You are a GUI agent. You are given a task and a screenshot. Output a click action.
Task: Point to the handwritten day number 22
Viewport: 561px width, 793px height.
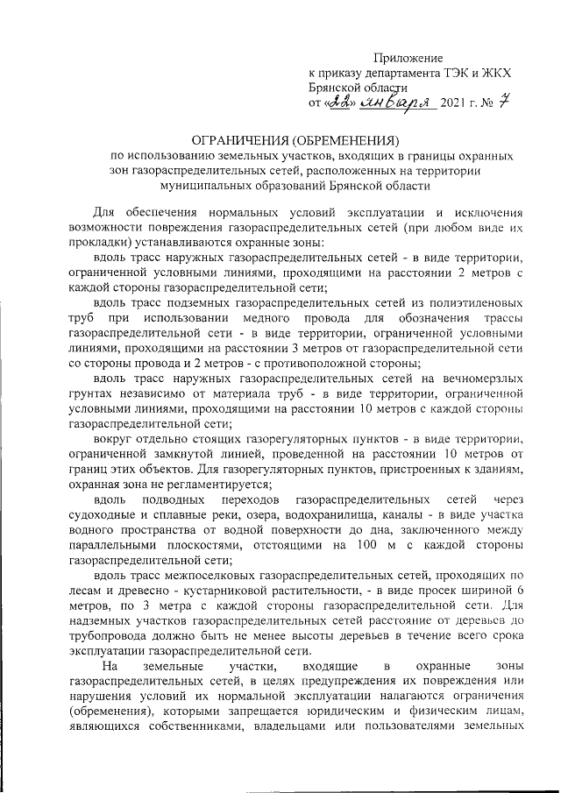click(338, 103)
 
